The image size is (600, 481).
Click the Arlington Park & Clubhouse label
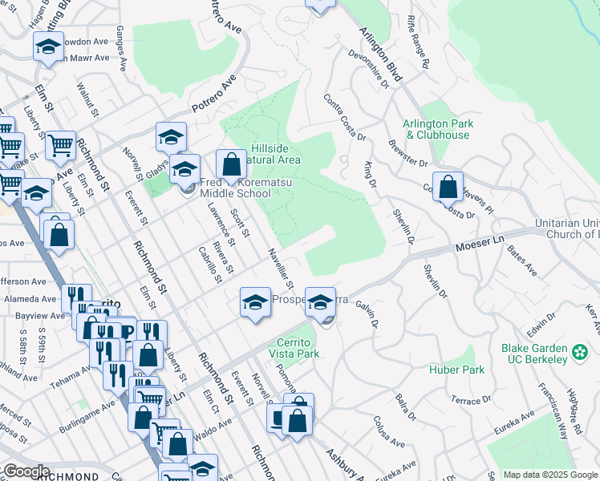tap(438, 130)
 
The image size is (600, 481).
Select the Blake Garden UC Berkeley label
tap(534, 354)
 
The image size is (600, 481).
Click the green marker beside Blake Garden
tap(580, 350)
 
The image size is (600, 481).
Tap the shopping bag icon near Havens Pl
tap(448, 187)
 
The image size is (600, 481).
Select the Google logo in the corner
tap(26, 471)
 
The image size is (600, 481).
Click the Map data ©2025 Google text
tap(550, 475)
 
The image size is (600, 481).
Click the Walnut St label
tap(86, 99)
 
